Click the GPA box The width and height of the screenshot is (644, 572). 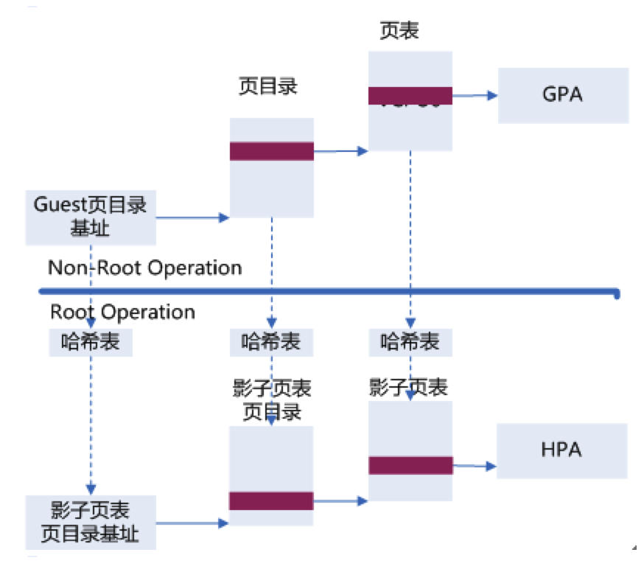[563, 95]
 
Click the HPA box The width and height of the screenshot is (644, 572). [561, 450]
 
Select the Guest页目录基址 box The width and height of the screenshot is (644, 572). [91, 217]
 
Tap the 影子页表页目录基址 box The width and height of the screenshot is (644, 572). [91, 522]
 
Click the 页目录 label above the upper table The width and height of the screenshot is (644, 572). [267, 86]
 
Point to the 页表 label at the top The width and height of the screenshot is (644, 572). [399, 31]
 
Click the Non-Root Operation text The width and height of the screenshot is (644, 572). [145, 268]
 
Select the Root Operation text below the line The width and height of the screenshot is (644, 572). [122, 312]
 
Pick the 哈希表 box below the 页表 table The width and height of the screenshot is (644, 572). [410, 342]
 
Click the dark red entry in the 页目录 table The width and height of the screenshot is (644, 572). [271, 151]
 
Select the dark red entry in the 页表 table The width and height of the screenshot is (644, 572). [410, 96]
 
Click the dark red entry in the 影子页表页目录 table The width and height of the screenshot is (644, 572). [271, 501]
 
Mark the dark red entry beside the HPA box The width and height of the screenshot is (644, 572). [410, 465]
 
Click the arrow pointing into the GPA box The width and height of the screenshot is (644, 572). [475, 95]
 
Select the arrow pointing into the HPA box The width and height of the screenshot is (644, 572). [475, 466]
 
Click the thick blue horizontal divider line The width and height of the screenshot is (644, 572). [324, 290]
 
